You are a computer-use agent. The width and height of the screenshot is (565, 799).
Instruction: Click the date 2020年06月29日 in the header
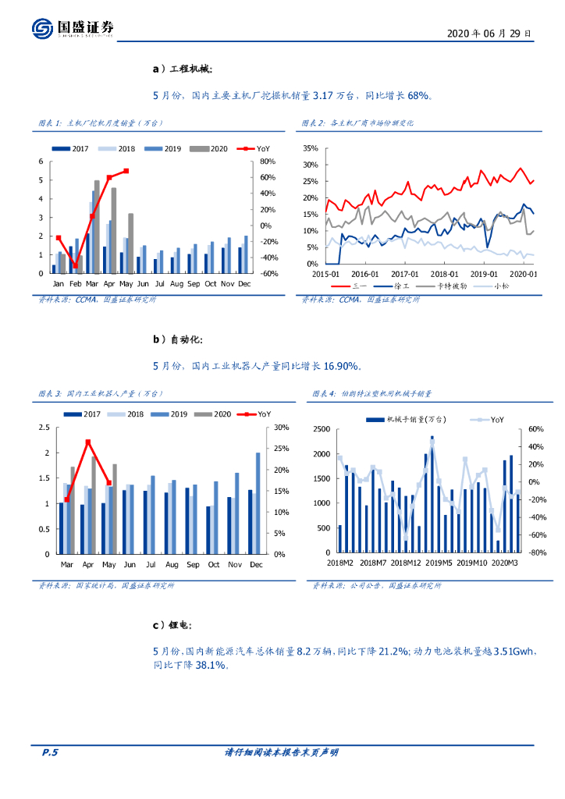point(490,34)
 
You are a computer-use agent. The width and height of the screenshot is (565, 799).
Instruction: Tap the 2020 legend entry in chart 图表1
point(207,148)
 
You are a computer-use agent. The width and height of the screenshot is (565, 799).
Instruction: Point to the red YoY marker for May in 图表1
point(126,171)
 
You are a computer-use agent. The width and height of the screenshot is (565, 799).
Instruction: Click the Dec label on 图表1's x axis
point(243,283)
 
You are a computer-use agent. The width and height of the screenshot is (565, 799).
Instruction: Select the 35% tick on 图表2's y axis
point(308,148)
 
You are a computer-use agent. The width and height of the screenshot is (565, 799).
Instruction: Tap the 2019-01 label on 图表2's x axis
point(485,274)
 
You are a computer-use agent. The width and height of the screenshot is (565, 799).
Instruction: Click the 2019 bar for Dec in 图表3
point(258,502)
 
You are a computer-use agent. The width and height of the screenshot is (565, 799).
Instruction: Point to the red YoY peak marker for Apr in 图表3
point(88,442)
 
